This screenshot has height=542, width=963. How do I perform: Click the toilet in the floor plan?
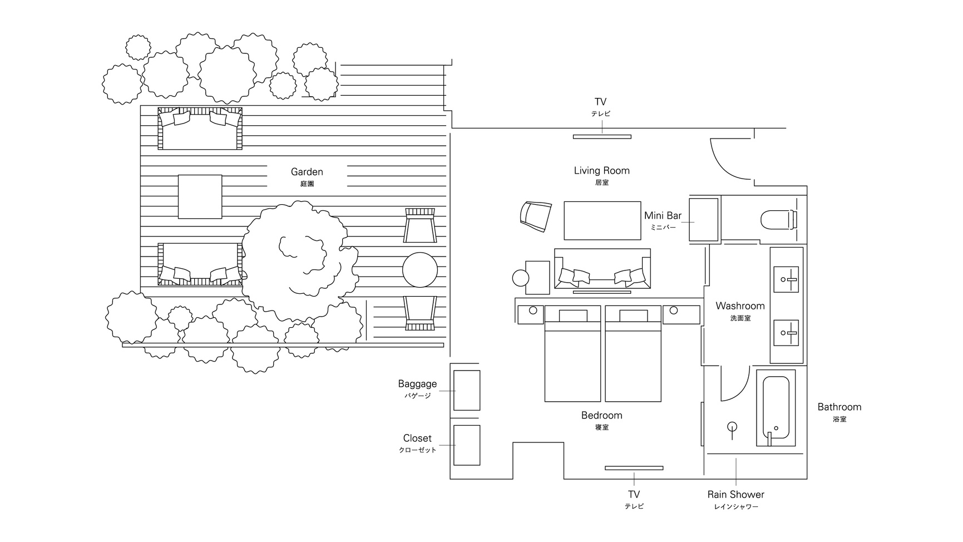click(779, 219)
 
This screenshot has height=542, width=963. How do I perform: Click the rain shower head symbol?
click(732, 427)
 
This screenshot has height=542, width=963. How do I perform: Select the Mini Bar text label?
click(663, 215)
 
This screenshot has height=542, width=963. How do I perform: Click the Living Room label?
click(602, 170)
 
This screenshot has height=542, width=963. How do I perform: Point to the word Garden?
click(307, 172)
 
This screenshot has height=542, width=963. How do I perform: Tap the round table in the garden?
click(420, 270)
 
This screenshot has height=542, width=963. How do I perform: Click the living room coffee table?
click(603, 220)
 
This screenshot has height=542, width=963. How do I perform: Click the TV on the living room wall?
click(602, 136)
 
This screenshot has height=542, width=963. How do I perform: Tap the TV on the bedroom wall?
click(634, 468)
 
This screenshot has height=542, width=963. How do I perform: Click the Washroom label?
click(740, 306)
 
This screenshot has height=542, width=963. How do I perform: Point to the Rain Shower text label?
click(736, 494)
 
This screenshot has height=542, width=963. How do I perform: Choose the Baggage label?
click(417, 384)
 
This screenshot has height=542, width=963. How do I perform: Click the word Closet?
click(417, 438)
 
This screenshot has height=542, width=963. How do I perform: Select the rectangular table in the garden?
click(200, 196)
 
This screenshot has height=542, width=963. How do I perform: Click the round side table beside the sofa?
click(521, 278)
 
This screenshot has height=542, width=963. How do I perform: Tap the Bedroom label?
click(602, 415)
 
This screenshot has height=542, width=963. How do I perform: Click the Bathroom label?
click(839, 407)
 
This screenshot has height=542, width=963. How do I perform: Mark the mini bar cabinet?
click(704, 219)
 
